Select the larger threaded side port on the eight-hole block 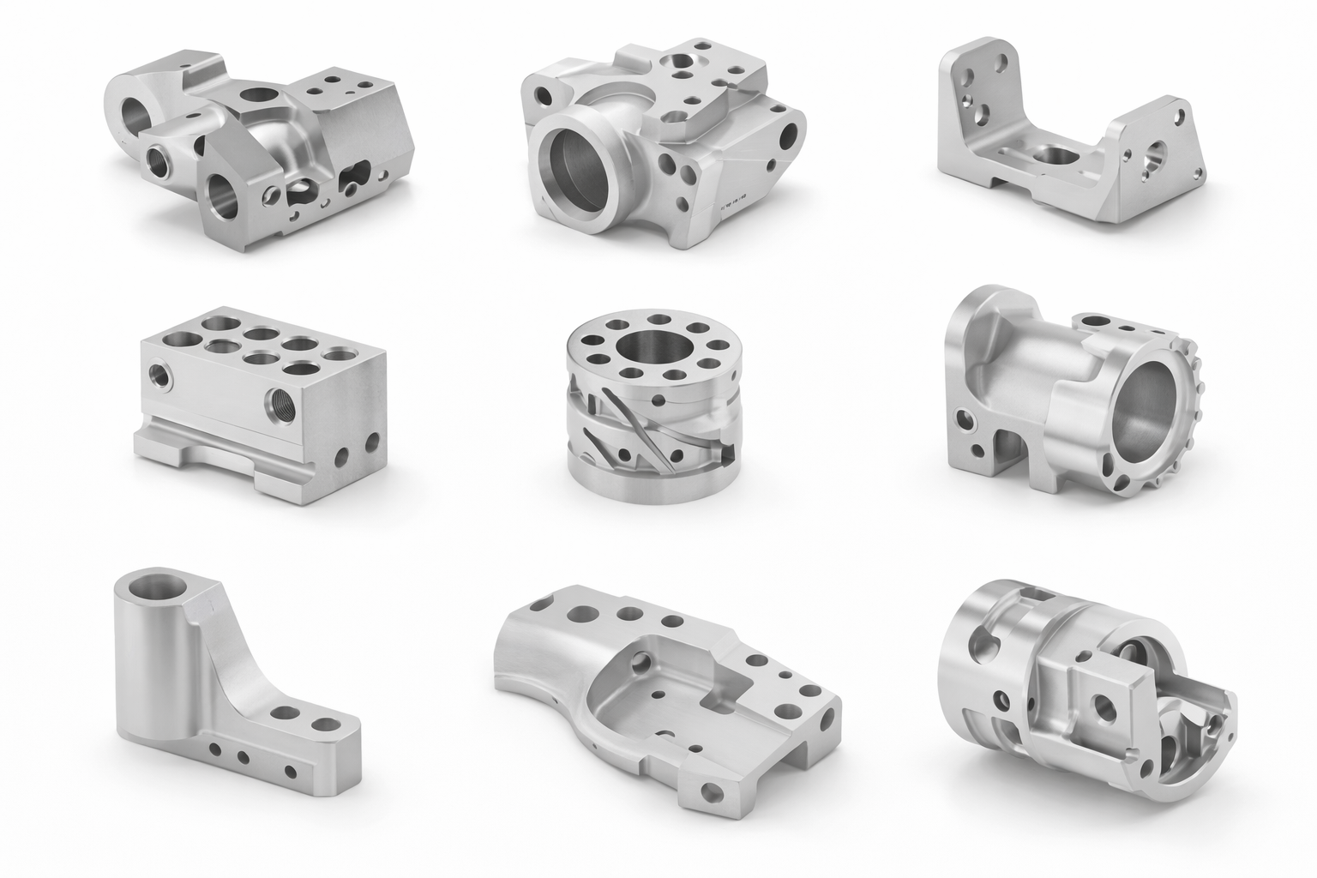pos(280,398)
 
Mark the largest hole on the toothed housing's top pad pos(1100,323)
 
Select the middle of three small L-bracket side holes pos(243,757)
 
